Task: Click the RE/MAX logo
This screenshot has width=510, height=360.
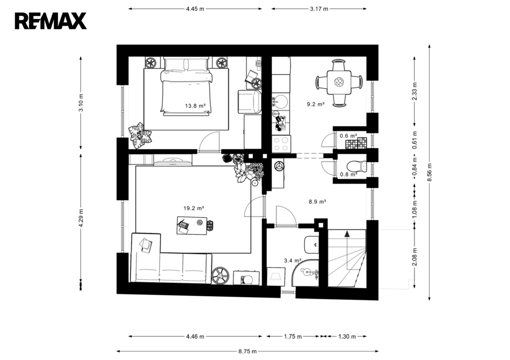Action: point(51,21)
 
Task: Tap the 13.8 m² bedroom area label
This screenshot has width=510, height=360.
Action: point(195,106)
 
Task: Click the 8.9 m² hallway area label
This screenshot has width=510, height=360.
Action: point(317,202)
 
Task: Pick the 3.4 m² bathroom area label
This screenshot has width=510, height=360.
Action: point(292,260)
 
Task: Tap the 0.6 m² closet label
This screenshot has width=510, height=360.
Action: point(348,135)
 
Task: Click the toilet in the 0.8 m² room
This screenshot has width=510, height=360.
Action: point(357,166)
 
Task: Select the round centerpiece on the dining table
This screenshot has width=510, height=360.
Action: point(339,82)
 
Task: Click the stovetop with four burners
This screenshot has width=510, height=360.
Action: point(281,143)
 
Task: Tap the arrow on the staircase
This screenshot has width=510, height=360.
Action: point(347,234)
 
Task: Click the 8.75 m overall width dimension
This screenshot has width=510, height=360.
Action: point(244,351)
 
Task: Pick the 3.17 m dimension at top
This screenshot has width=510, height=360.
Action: point(319,8)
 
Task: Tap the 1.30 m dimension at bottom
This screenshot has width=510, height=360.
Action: point(347,337)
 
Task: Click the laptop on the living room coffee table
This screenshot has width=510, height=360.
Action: point(184,227)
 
